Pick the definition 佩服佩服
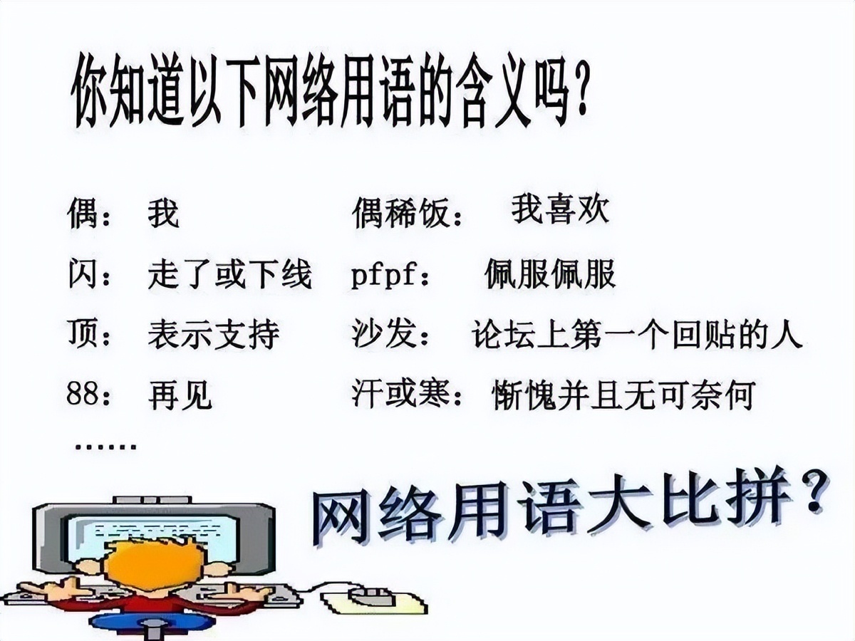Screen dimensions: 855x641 [x=549, y=275]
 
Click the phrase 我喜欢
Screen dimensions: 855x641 [x=560, y=210]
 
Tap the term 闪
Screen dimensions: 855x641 [x=83, y=274]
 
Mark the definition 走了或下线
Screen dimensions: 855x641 [x=230, y=274]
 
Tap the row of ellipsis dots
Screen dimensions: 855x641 [x=105, y=447]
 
